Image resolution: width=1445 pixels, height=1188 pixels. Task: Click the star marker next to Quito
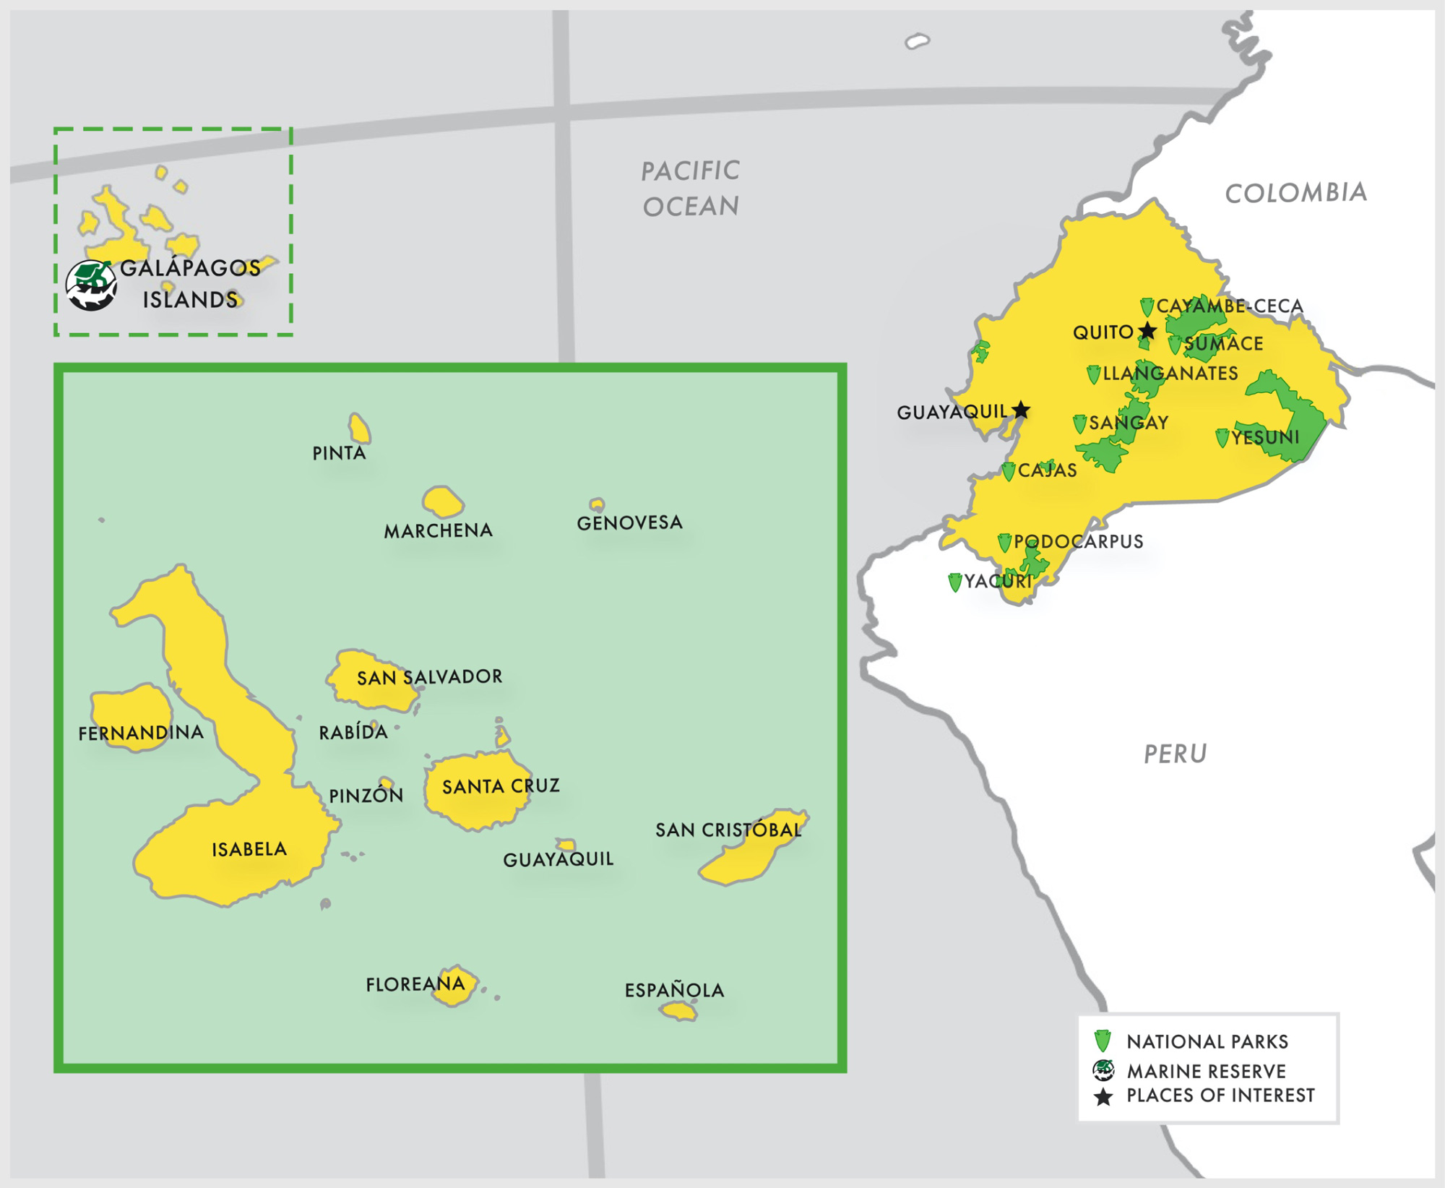1147,331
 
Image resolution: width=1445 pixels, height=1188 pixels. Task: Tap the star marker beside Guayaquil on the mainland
1021,410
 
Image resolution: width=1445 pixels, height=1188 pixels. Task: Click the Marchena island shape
442,502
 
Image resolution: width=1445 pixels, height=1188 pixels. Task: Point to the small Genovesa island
597,504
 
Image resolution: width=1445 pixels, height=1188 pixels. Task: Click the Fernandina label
141,733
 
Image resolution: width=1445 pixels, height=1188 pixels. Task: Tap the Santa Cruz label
501,785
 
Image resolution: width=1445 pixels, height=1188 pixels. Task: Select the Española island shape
678,1011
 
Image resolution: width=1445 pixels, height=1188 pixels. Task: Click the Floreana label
415,983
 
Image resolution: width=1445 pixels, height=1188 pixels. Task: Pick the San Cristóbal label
728,830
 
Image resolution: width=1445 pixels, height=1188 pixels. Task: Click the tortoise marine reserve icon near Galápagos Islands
91,285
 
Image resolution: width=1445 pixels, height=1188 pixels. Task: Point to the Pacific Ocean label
691,189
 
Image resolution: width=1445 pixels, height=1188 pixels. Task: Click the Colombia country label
1296,192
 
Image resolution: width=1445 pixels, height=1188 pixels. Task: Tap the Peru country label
1176,754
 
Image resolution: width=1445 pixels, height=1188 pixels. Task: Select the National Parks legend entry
1207,1041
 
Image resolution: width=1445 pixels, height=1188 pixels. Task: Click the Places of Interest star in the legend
1103,1097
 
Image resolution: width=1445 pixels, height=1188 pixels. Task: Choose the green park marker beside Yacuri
955,582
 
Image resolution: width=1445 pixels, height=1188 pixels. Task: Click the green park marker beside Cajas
1009,471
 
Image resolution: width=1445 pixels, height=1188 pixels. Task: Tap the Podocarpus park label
1078,541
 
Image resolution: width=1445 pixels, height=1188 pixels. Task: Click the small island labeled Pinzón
387,783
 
